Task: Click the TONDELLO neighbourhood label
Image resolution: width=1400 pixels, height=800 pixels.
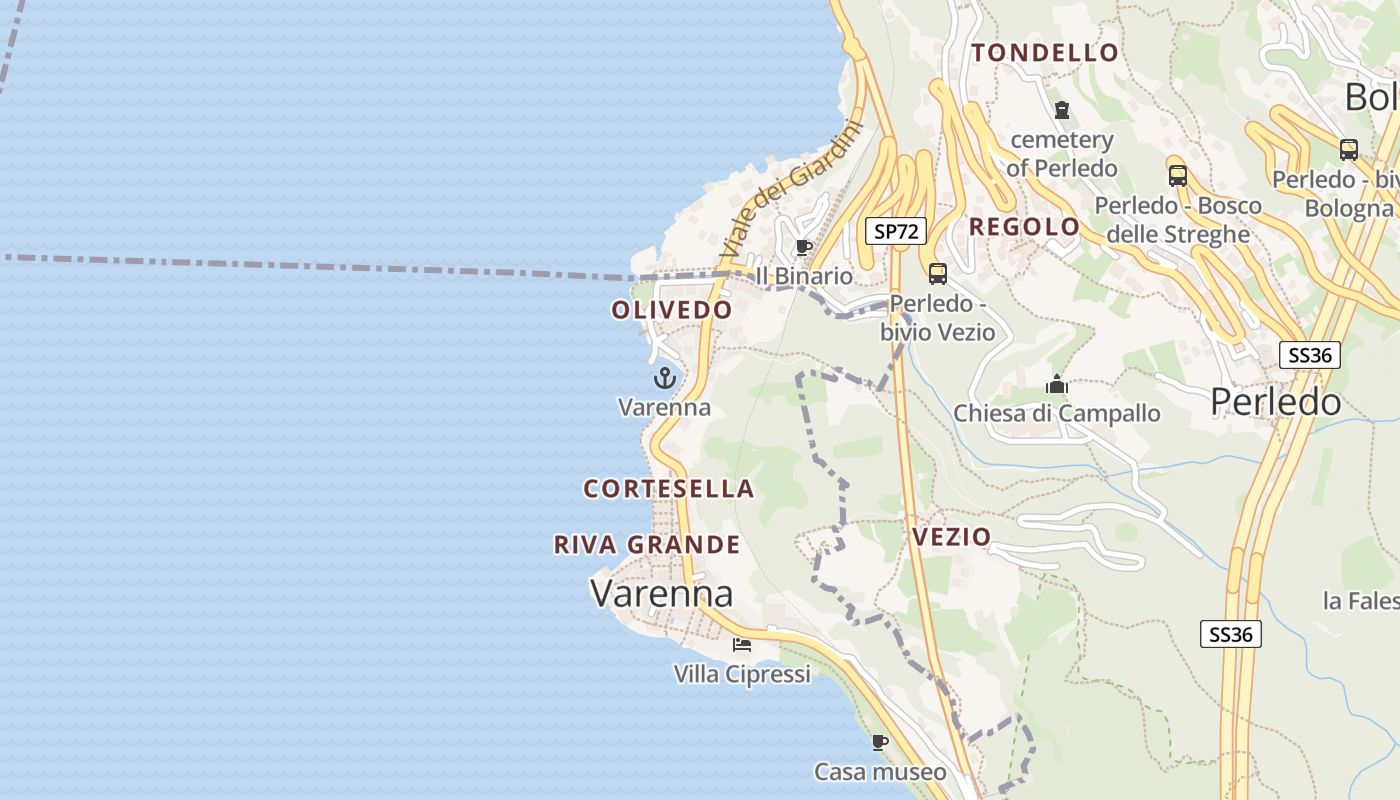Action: click(x=1045, y=53)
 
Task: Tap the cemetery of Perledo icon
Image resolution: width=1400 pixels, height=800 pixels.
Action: click(x=1062, y=109)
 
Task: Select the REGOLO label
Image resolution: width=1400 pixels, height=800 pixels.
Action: click(x=1025, y=227)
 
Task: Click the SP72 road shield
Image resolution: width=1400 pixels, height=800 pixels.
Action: click(x=895, y=232)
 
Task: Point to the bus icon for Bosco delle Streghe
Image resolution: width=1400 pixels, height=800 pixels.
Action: click(x=1178, y=176)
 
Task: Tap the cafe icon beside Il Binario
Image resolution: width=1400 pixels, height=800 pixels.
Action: click(x=803, y=247)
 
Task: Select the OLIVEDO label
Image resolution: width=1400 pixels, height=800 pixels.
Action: click(x=672, y=310)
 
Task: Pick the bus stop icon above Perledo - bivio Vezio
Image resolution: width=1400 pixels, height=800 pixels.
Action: click(x=938, y=273)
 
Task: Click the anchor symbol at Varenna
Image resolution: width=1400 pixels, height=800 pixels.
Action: click(x=665, y=378)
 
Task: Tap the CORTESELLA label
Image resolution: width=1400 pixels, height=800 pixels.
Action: click(x=669, y=489)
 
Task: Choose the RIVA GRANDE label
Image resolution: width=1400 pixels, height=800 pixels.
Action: click(x=647, y=545)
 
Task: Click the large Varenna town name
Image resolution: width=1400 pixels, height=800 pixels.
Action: click(x=662, y=593)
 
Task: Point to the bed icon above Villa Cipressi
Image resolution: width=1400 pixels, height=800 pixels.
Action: click(x=742, y=644)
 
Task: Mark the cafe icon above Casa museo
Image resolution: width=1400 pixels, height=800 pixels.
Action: click(x=880, y=742)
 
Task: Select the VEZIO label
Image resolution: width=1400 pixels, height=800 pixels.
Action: click(x=951, y=537)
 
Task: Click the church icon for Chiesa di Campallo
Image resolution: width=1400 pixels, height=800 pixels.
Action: click(x=1057, y=384)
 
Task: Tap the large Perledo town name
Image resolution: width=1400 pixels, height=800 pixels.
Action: click(x=1276, y=402)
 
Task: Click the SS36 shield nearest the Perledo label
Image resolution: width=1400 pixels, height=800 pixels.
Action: click(x=1310, y=355)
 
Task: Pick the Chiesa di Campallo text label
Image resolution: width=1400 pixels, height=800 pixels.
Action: click(x=1057, y=413)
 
